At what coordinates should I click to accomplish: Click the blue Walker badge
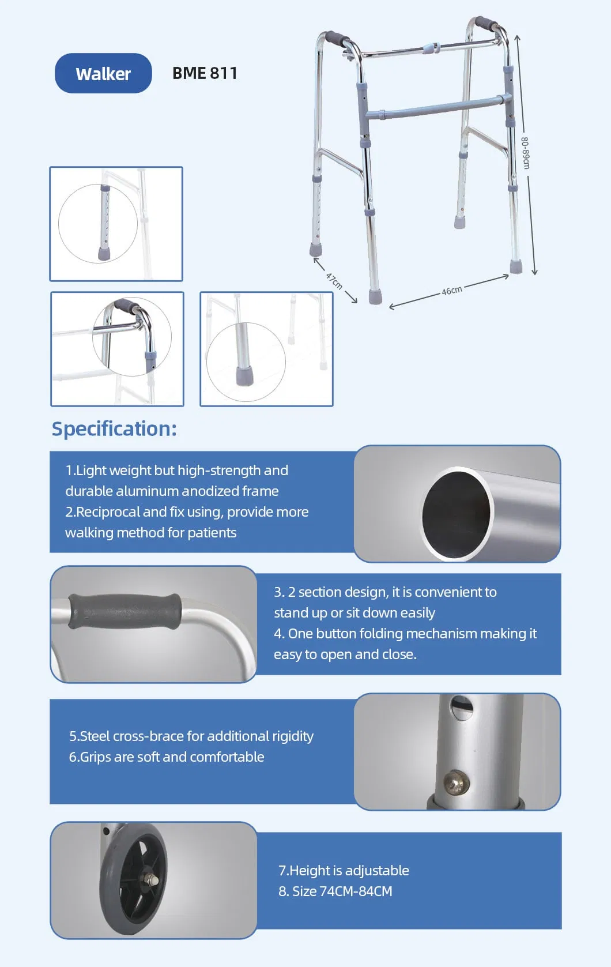103,73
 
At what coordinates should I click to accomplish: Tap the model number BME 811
205,73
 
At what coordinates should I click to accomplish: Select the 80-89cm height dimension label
525,153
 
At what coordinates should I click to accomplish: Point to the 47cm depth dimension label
334,280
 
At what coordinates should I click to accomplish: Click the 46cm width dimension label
451,290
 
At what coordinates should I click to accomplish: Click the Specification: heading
114,428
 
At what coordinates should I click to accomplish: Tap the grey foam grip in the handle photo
125,611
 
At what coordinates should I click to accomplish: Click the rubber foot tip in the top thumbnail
104,253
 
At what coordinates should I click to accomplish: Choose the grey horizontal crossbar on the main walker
438,108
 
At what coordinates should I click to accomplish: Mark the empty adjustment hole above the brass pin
461,707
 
